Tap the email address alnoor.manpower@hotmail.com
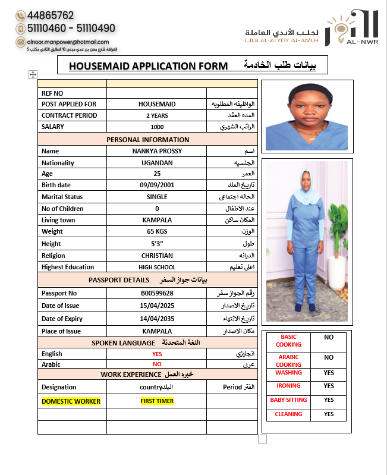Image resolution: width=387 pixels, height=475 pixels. click(67, 42)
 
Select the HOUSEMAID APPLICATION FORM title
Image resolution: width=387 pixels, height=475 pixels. click(148, 65)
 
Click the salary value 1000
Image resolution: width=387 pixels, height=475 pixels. click(157, 127)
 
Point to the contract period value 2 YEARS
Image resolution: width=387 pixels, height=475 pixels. click(157, 115)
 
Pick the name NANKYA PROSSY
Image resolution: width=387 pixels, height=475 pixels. click(157, 151)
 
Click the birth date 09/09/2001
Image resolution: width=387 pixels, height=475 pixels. click(157, 185)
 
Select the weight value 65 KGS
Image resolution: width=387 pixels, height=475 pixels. click(157, 231)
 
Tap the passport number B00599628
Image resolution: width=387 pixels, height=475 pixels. click(157, 293)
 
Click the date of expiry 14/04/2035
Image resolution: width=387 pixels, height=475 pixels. click(157, 319)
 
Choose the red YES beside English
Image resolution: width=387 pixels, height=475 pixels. click(157, 354)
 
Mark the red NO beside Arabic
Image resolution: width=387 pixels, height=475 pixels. click(157, 364)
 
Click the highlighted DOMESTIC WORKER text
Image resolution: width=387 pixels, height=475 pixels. click(71, 401)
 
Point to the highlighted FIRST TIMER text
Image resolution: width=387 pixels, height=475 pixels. click(157, 401)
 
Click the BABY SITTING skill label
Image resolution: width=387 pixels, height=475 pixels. click(288, 400)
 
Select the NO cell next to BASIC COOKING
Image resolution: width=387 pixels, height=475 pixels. click(329, 337)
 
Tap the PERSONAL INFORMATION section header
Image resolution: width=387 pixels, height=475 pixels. click(148, 140)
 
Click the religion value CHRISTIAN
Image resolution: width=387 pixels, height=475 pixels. click(157, 256)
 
